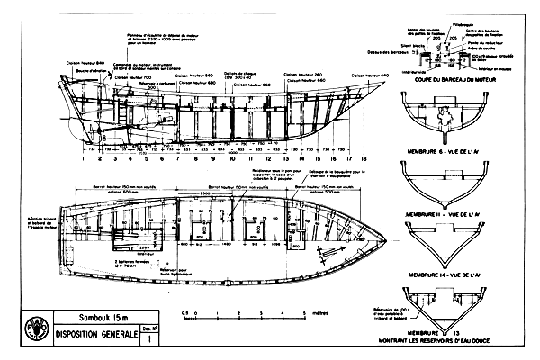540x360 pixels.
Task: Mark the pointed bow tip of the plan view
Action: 388,237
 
